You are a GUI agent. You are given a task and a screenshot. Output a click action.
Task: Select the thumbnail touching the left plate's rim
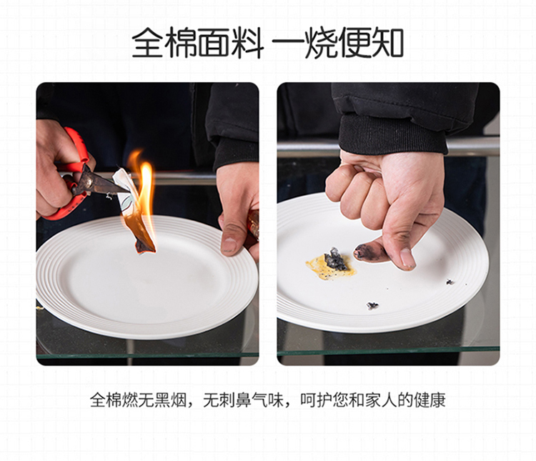tap(229, 245)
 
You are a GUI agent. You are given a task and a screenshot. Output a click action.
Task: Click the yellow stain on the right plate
tap(330, 267)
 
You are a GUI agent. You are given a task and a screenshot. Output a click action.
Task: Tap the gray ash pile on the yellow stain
tap(335, 259)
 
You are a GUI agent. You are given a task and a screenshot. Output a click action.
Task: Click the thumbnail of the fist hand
tap(407, 257)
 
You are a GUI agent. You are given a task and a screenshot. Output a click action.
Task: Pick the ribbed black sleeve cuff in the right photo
tap(392, 134)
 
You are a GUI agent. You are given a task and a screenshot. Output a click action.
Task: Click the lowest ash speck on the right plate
tap(372, 305)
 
